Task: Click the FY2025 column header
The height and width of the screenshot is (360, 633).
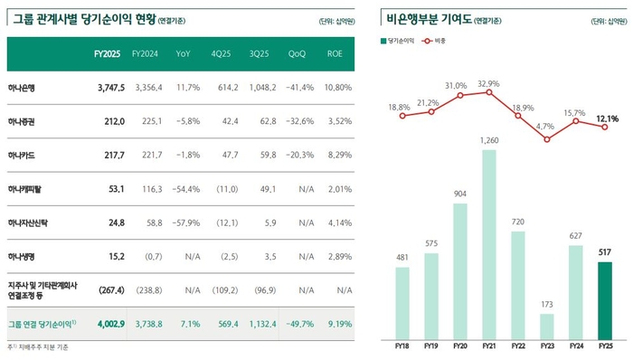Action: tap(108, 54)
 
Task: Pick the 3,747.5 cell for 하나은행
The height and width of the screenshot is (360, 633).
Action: tap(109, 89)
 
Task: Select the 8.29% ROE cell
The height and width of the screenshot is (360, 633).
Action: tap(338, 155)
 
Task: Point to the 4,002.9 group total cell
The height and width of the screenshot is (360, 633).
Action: tap(109, 322)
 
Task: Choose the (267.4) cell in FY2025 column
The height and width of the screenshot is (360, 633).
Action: tap(108, 289)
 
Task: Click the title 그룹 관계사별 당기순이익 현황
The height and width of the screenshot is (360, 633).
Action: tap(78, 19)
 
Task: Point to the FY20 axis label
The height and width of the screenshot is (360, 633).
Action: tap(460, 345)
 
